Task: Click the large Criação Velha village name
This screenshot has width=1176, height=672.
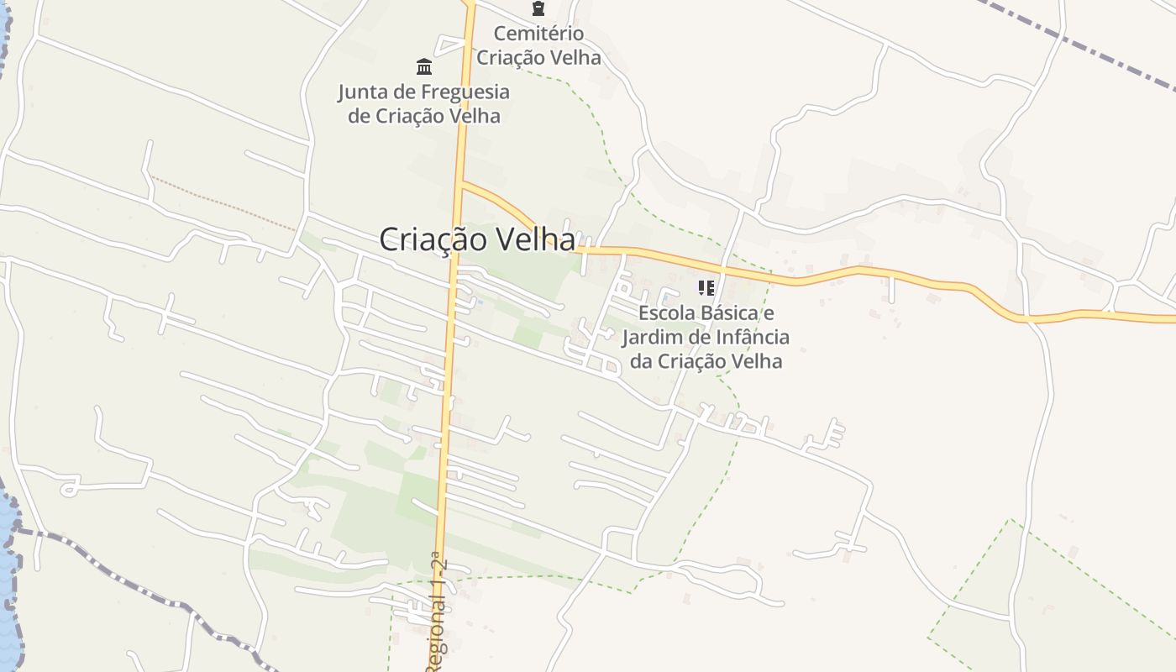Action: [x=477, y=239]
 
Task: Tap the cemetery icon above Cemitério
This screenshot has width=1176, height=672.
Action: [x=538, y=9]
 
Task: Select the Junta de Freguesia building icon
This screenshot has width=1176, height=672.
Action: [x=424, y=66]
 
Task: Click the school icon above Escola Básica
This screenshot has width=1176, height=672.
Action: [x=706, y=288]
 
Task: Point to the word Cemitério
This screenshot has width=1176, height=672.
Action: [x=538, y=34]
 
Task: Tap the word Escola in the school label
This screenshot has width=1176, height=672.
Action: [x=666, y=313]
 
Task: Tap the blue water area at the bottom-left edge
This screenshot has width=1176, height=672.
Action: [x=8, y=571]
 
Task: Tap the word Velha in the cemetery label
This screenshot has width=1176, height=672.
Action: [x=572, y=58]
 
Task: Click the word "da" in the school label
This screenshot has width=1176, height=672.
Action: [x=641, y=361]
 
